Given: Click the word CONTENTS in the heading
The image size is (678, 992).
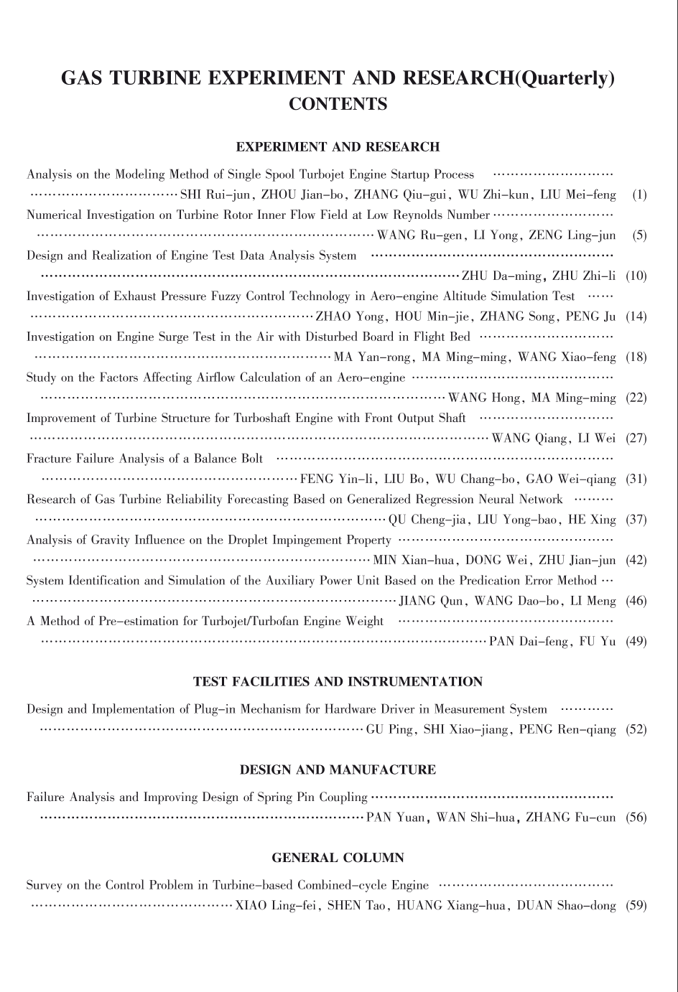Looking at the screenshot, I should click(338, 104).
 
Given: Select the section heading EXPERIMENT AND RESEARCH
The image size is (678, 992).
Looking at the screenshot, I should click(338, 147).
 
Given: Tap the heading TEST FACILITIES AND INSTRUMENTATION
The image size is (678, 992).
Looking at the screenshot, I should click(338, 682).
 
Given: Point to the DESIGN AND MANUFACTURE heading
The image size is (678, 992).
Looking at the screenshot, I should click(338, 770).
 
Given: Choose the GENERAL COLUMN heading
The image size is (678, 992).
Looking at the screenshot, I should click(338, 858).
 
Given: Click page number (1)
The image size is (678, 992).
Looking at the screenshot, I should click(639, 195).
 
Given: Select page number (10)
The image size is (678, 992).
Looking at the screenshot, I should click(636, 276).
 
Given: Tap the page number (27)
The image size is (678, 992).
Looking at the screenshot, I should click(636, 439).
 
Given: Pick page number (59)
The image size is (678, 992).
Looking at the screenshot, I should click(636, 906).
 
